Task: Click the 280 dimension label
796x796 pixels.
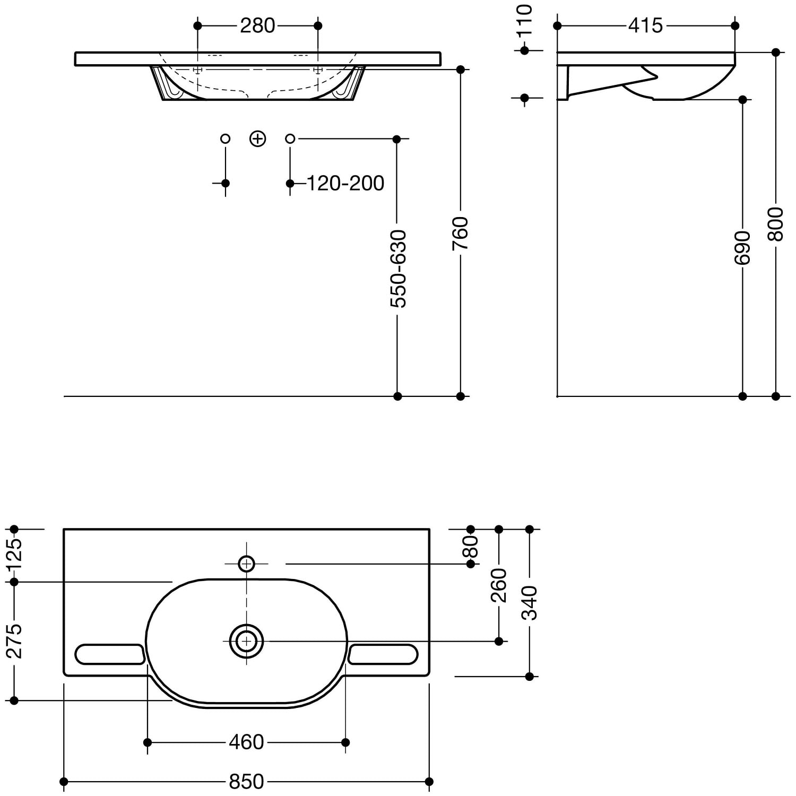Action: (257, 25)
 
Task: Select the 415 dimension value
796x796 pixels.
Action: (645, 25)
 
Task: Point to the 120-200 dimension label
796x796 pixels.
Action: (345, 183)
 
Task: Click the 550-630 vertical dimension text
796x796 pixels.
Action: (398, 269)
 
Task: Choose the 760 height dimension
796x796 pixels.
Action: (460, 233)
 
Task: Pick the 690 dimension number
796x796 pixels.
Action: (742, 247)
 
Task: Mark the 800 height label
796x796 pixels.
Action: (776, 224)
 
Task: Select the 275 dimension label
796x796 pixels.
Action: (14, 641)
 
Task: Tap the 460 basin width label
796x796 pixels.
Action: (246, 742)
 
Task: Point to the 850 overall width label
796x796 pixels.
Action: (246, 782)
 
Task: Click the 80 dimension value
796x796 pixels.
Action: (471, 546)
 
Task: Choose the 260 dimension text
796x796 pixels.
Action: (499, 585)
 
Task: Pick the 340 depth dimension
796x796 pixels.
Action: (530, 603)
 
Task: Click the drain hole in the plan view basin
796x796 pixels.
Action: (246, 641)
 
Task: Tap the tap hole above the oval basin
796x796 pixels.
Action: (246, 564)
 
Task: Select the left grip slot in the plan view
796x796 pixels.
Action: (110, 654)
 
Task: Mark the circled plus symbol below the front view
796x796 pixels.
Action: (257, 139)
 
